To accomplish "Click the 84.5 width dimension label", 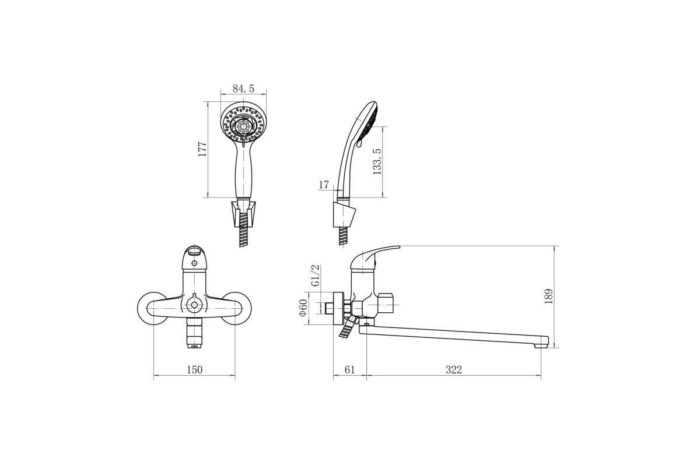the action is coord(243,89).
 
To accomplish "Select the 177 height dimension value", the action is coord(202,149).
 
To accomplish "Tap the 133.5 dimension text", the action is coord(377,161).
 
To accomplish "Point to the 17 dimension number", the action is coord(324,185).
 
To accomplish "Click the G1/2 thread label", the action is coord(316,276).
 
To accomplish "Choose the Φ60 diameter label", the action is coord(303,308).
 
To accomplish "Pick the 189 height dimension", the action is coord(548,296).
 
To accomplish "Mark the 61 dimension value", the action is coord(349,370).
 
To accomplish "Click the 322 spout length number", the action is coord(453,370).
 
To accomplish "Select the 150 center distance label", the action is coord(194,370).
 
